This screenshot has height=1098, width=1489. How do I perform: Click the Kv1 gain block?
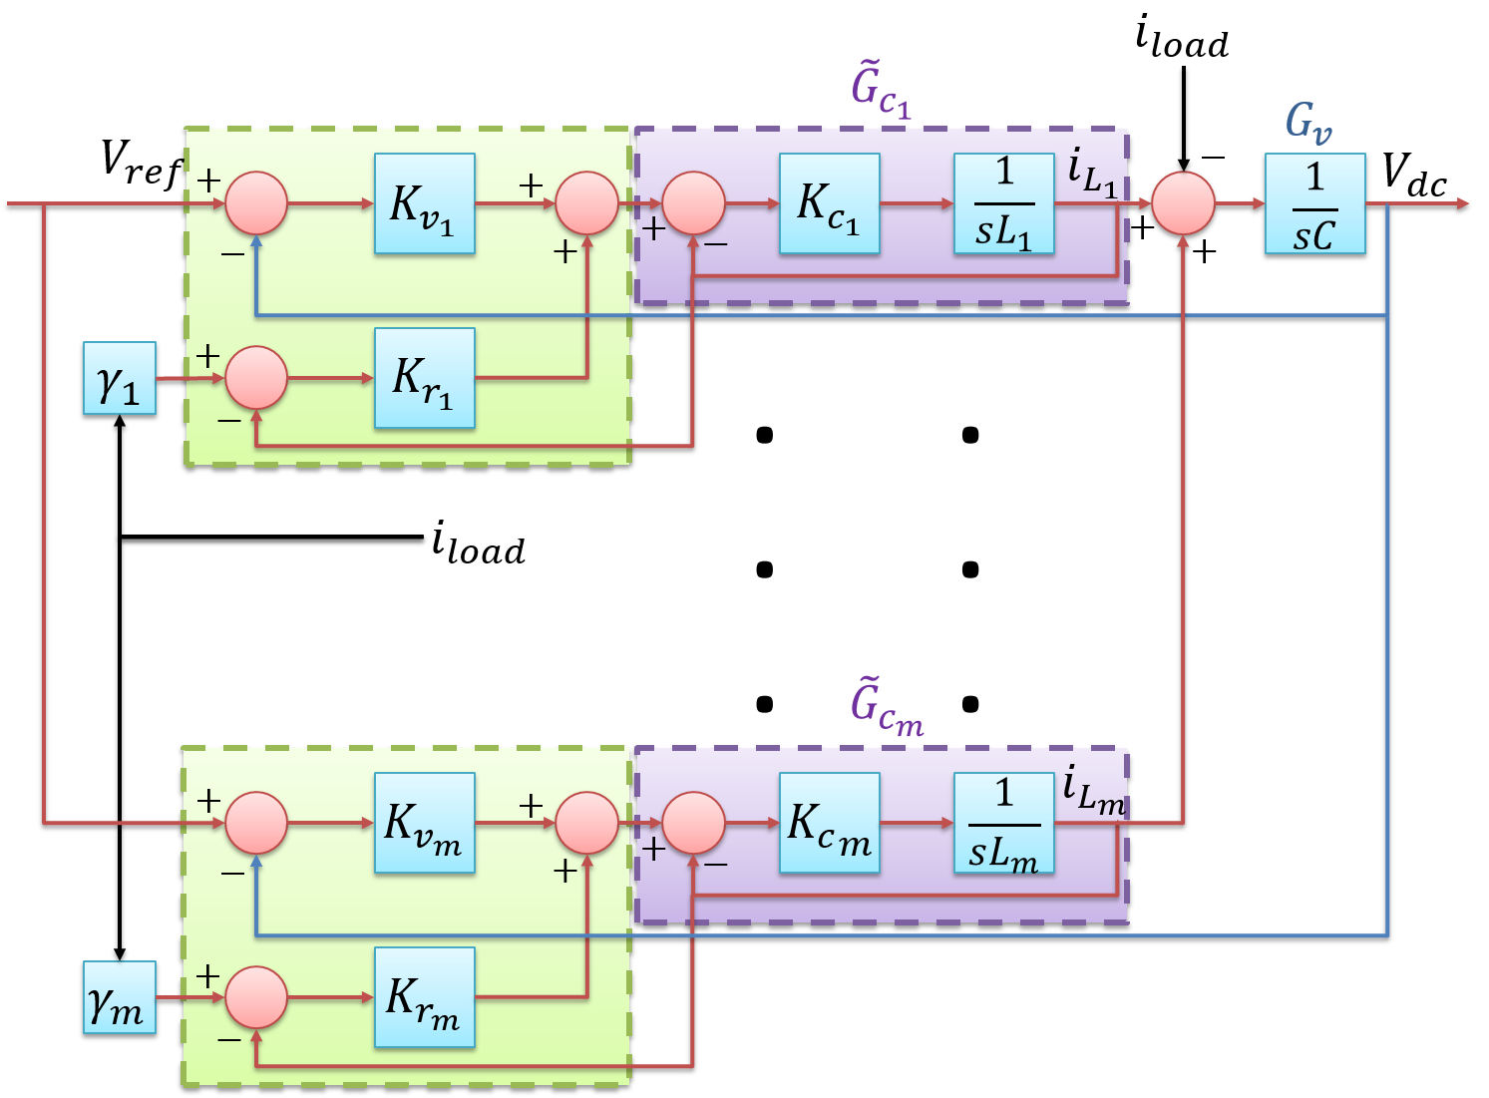point(424,203)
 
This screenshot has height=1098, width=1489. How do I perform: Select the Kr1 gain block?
point(424,378)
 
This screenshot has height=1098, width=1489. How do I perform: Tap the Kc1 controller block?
point(829,203)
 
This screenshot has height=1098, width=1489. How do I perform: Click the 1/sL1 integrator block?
point(1003,203)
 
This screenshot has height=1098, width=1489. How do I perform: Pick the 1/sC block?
point(1314,203)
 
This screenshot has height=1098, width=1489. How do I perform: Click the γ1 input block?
point(120,378)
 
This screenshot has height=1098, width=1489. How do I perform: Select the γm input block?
point(120,997)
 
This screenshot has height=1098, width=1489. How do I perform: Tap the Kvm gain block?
point(424,823)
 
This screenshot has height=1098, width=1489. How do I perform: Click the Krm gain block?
point(424,997)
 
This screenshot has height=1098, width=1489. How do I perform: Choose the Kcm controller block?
point(829,823)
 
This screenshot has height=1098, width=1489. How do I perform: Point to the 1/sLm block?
point(1003,823)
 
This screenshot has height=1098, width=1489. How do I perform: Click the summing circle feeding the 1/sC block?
point(1183,203)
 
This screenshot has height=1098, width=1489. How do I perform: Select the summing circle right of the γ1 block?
point(256,378)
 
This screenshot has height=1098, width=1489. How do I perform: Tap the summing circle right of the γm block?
point(256,997)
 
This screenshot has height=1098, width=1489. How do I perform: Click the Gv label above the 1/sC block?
point(1307,123)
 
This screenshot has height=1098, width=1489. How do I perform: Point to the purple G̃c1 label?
point(880,90)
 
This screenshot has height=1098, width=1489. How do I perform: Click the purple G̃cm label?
point(885,708)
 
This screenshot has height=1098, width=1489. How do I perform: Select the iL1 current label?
point(1092,172)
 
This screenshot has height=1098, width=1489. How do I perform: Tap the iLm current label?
point(1093,791)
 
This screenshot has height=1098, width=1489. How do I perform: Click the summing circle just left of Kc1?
point(693,203)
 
